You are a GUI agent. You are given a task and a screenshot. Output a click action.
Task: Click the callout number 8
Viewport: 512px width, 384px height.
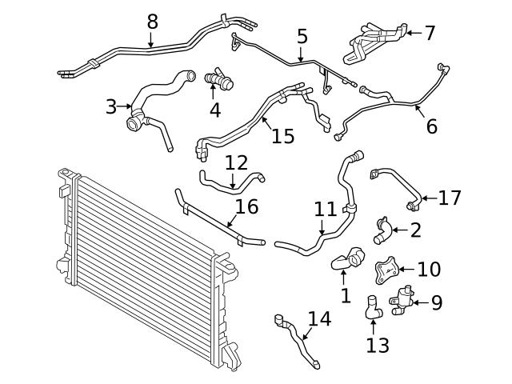152,22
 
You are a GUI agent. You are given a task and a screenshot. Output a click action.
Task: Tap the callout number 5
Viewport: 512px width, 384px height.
302,36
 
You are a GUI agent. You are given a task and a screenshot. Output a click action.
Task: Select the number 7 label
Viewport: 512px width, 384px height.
430,33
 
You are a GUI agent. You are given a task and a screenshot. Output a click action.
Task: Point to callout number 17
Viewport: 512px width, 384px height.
450,197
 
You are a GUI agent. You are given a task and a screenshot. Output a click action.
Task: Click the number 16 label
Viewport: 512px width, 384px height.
246,207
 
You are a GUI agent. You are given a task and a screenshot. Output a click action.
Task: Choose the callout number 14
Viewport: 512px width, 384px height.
319,319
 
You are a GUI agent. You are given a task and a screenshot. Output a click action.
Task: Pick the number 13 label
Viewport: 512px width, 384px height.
378,345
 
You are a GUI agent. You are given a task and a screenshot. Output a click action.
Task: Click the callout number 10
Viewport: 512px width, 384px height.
429,269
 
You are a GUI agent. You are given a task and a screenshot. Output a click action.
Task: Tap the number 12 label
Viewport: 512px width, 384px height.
236,163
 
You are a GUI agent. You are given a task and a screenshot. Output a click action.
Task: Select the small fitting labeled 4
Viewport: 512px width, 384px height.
218,80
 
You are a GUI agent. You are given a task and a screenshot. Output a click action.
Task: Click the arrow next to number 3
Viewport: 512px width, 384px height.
126,106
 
